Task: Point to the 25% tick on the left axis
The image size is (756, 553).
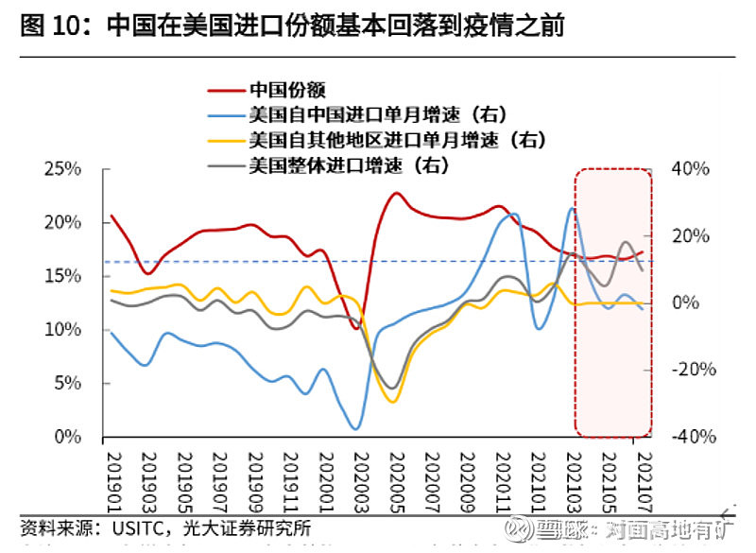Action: pyautogui.click(x=63, y=169)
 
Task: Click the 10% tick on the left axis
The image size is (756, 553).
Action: pyautogui.click(x=63, y=330)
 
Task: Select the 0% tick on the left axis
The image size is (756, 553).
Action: pyautogui.click(x=68, y=438)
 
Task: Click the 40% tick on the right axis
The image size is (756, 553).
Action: pyautogui.click(x=693, y=169)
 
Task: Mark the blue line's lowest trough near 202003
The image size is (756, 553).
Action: pyautogui.click(x=355, y=428)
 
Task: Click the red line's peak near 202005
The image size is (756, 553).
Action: pyautogui.click(x=396, y=194)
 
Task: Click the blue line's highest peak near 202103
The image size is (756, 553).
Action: pyautogui.click(x=572, y=209)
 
